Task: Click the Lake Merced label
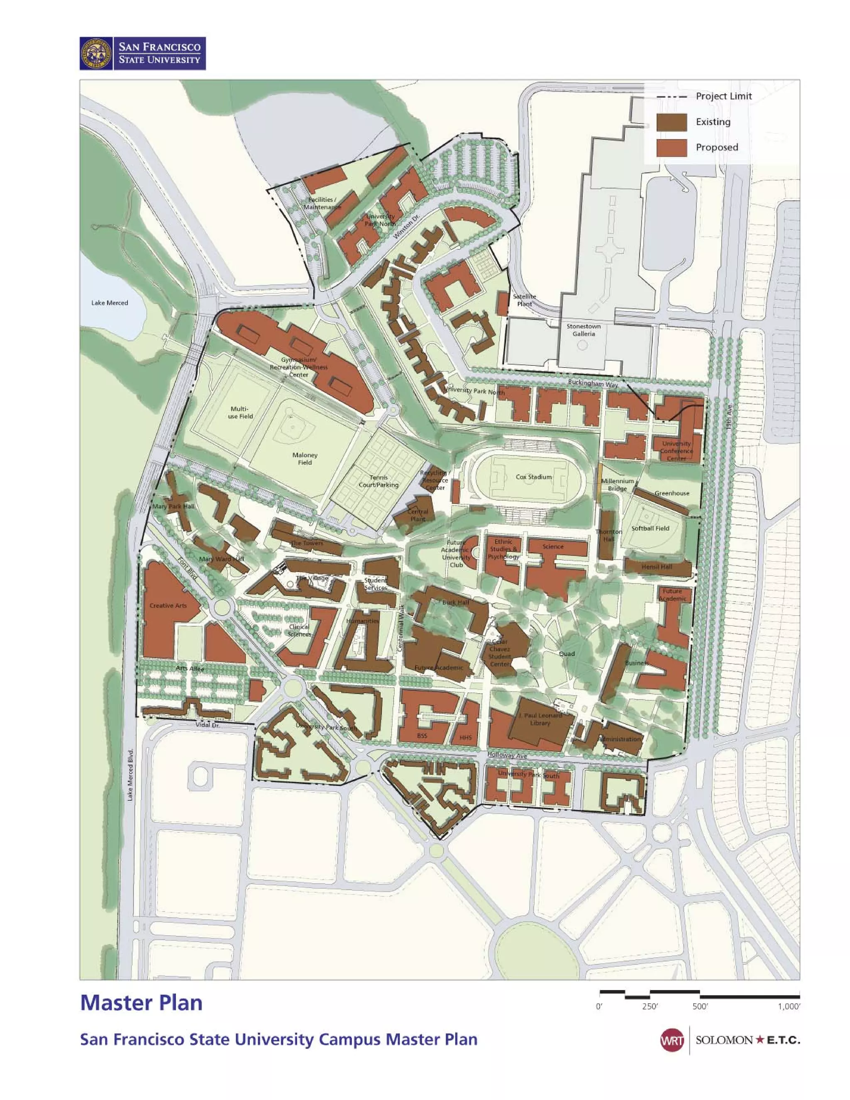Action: click(x=109, y=303)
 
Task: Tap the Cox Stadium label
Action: click(x=533, y=477)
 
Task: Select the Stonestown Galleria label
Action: click(x=583, y=330)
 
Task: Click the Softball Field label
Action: click(x=650, y=528)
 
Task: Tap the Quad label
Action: click(x=567, y=653)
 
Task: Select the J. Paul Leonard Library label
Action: click(x=540, y=719)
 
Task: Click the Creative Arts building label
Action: click(x=168, y=605)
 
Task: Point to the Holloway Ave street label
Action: click(x=507, y=755)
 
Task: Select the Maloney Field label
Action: click(x=305, y=458)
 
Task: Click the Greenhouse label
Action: click(x=672, y=493)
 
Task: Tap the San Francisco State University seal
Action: click(x=96, y=54)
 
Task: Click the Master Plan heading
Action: click(x=142, y=1002)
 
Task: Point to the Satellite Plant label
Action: click(x=524, y=300)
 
